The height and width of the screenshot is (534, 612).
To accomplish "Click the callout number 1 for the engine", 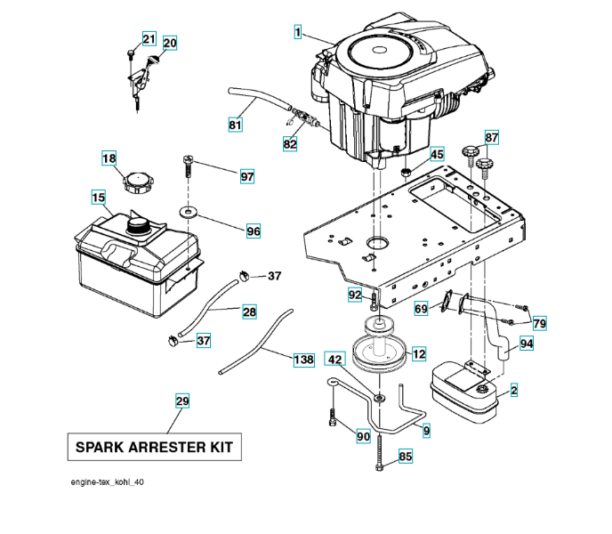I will [x=299, y=32].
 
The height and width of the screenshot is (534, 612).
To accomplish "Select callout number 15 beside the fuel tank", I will [x=98, y=197].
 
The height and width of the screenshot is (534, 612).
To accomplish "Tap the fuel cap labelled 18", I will [x=140, y=185].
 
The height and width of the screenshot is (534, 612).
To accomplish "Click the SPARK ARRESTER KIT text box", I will [x=155, y=447].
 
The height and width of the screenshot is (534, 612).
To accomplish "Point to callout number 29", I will [x=181, y=401].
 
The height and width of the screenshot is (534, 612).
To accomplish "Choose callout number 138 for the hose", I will [x=303, y=360].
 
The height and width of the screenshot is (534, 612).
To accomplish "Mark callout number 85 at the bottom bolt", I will [x=406, y=457].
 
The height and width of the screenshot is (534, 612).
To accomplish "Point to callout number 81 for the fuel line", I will [x=235, y=125].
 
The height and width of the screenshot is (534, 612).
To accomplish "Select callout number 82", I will [x=290, y=143].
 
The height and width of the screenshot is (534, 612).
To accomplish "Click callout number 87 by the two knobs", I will [x=492, y=137].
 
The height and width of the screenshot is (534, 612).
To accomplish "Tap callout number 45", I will [x=436, y=155].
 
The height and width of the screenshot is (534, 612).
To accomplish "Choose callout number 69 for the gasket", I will [x=421, y=309].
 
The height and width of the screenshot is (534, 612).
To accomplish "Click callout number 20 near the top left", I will [x=169, y=43].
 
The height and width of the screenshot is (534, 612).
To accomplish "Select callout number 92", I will [x=355, y=295].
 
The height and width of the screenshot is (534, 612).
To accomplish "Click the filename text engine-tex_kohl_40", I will [x=108, y=481].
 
